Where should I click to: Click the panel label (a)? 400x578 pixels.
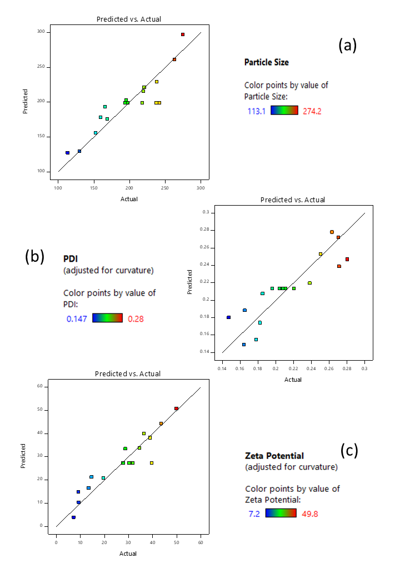[347, 46]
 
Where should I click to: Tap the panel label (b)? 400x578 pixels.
[34, 256]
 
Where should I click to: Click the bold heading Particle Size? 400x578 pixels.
[266, 62]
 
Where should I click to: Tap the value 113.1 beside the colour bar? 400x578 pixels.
[256, 111]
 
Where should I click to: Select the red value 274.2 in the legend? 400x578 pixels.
[312, 111]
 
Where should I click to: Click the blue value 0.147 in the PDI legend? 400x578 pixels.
[77, 318]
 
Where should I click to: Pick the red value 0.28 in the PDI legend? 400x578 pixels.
[136, 318]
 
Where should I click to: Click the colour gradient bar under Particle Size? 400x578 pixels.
[284, 110]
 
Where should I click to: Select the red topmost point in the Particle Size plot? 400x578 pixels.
[182, 34]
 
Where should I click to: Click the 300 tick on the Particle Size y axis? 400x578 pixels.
[41, 32]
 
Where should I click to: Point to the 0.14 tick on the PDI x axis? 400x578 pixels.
[222, 368]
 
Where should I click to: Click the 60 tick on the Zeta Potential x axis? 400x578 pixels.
[200, 541]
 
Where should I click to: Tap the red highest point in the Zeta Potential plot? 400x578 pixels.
[176, 408]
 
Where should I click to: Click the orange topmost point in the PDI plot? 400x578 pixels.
[332, 232]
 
